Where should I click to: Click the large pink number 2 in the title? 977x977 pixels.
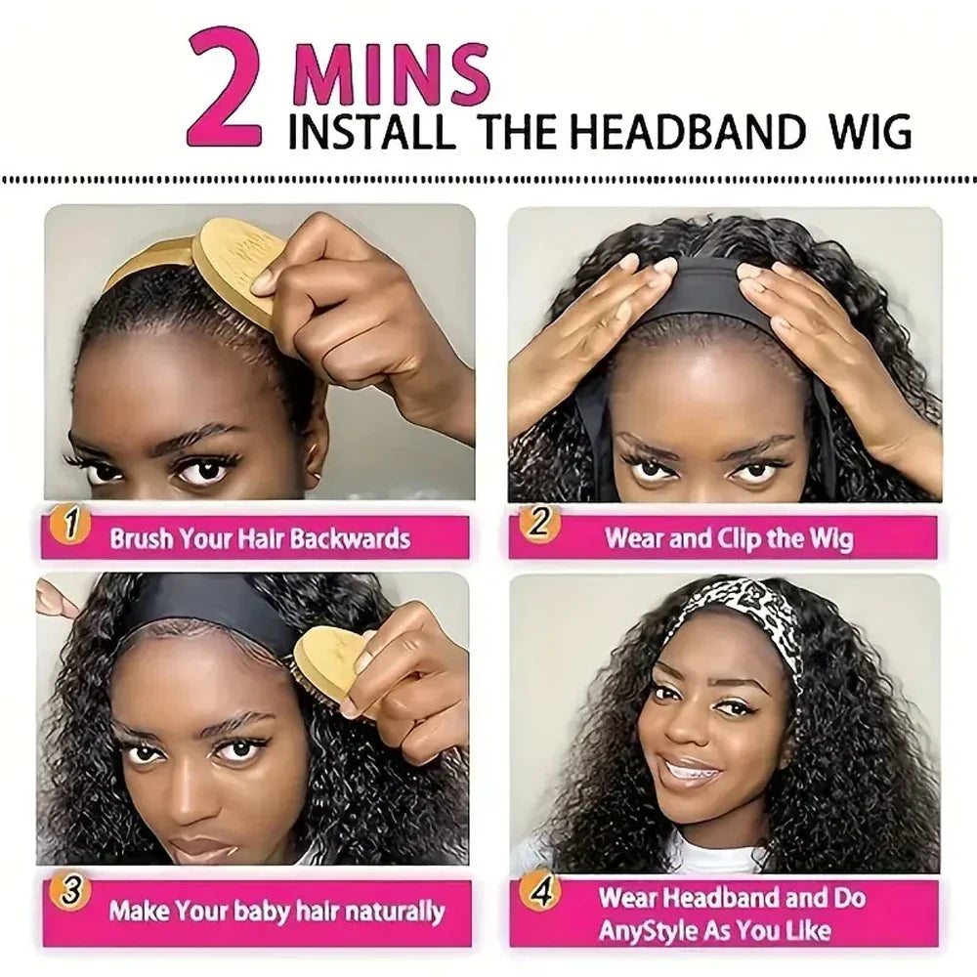224,88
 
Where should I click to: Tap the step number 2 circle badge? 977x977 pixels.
538,523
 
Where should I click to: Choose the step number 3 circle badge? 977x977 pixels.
71,892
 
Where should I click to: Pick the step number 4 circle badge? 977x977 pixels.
539,892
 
